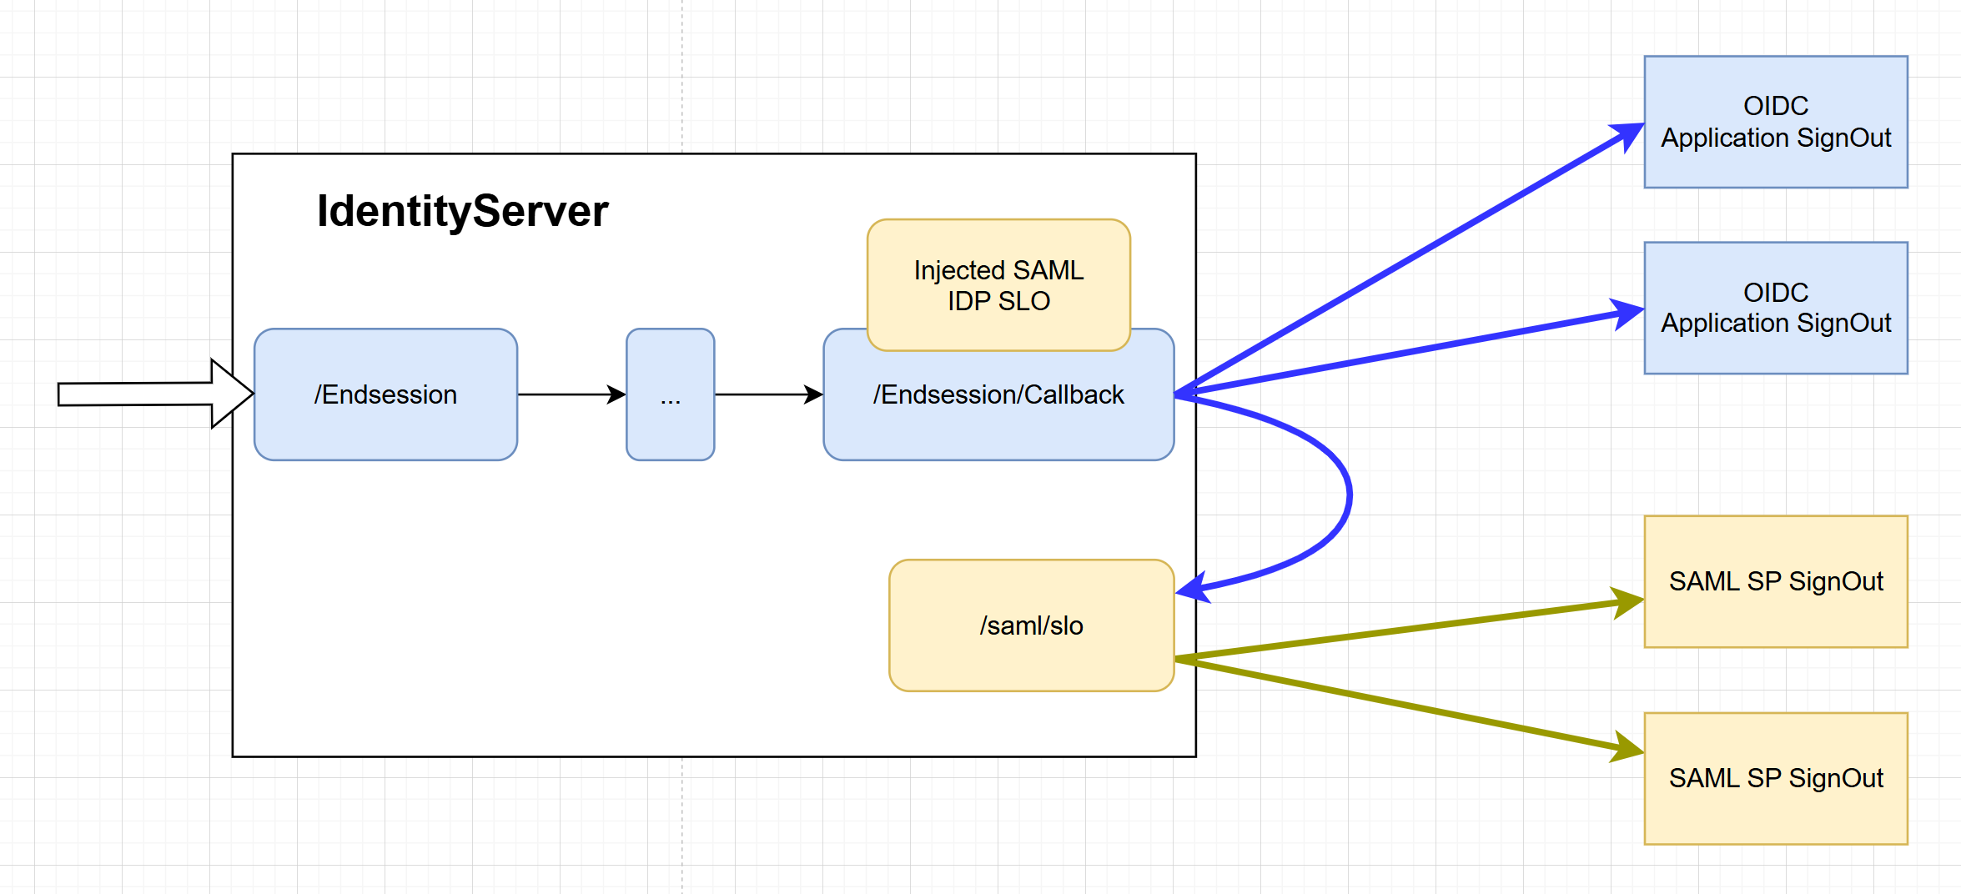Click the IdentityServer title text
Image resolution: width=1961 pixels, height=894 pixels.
(x=462, y=211)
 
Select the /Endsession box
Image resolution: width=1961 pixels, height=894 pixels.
(x=385, y=394)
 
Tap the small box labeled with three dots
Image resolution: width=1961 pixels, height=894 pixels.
(x=670, y=394)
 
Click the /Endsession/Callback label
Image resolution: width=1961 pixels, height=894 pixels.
(x=998, y=394)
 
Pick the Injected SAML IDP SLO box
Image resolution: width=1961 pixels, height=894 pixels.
(x=998, y=285)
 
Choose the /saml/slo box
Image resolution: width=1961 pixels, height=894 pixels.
(x=1031, y=625)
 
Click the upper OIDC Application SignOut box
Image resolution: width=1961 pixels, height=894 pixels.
(x=1775, y=122)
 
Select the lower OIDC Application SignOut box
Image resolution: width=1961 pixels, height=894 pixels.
(x=1775, y=308)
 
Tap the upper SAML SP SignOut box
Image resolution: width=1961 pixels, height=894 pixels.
(x=1775, y=581)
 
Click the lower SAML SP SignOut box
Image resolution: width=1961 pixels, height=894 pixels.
(x=1775, y=778)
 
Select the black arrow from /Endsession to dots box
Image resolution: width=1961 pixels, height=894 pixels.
(x=571, y=394)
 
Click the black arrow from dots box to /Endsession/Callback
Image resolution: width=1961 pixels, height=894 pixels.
(x=768, y=394)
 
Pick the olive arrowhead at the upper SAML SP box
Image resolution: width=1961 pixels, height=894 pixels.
(x=1627, y=602)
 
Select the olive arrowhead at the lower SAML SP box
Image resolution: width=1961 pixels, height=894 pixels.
(x=1627, y=748)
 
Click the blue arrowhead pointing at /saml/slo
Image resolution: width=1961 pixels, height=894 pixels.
(x=1193, y=589)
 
